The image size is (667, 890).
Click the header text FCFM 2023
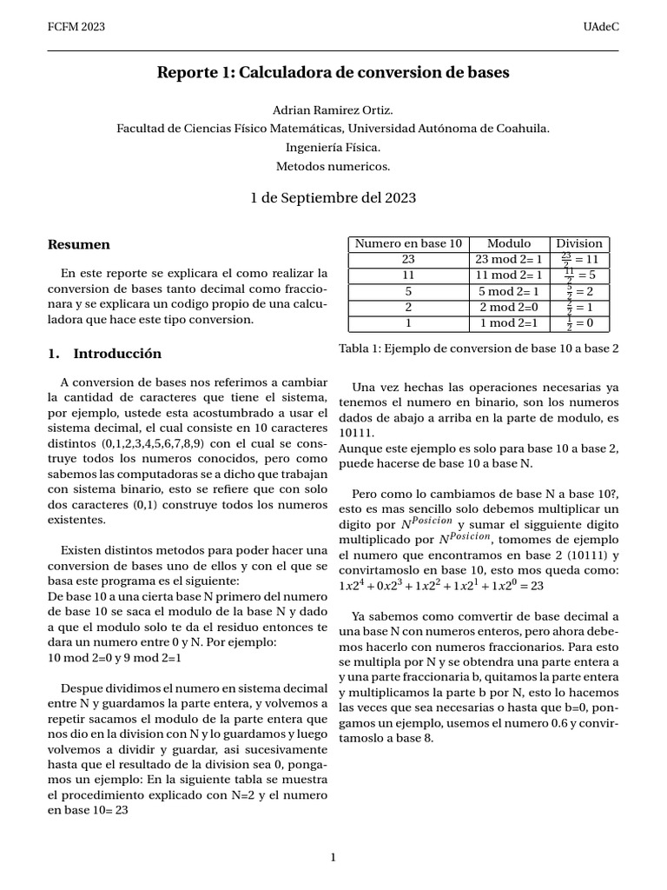pos(76,27)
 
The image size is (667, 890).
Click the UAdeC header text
pos(602,27)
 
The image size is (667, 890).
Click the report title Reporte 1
pos(333,74)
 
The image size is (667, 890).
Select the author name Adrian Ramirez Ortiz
pos(333,110)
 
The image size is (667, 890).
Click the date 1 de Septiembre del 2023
pos(333,198)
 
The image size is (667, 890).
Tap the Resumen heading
pos(78,245)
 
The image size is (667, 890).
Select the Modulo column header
pos(509,243)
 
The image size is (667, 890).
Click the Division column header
pos(579,243)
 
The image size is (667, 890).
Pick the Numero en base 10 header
pos(408,243)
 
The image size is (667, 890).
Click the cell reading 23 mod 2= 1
pos(509,259)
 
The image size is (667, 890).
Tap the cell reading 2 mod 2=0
pos(509,307)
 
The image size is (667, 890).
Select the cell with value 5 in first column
pos(408,291)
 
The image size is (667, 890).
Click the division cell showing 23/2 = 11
pos(579,259)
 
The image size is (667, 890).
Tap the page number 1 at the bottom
pos(333,858)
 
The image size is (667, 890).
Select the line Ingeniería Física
pos(333,147)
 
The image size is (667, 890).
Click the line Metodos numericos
pos(333,165)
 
